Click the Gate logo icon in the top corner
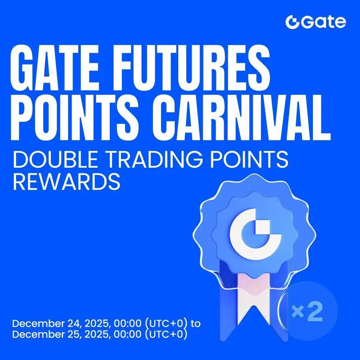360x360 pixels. click(292, 22)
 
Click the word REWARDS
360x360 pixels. click(67, 181)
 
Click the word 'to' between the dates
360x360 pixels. click(196, 324)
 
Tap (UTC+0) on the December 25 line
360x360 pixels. click(166, 334)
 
